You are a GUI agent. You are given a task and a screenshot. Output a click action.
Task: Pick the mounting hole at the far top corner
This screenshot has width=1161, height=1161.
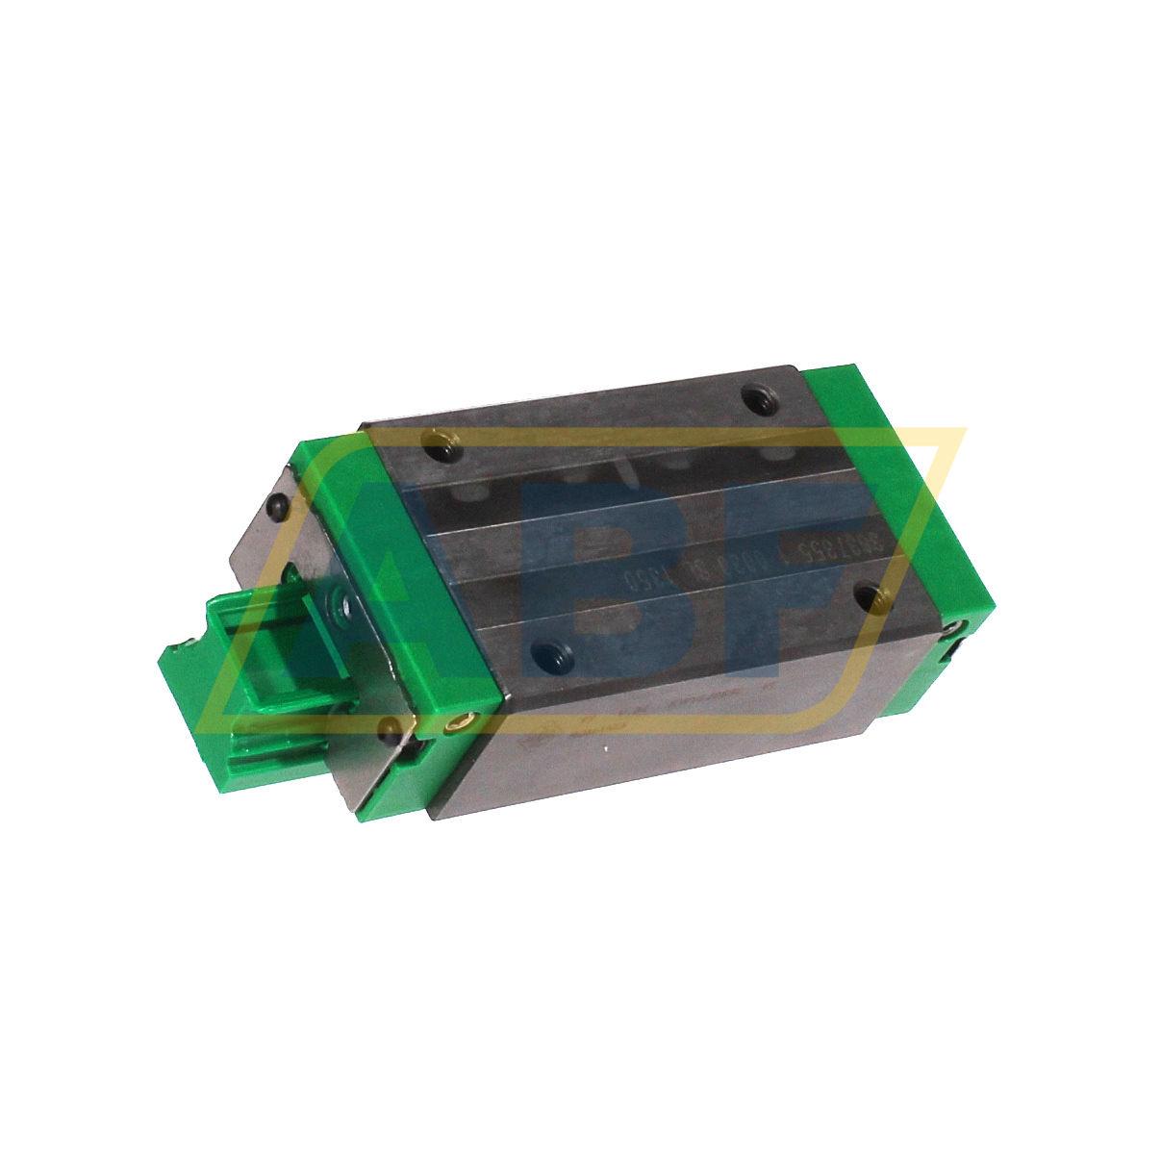(752, 393)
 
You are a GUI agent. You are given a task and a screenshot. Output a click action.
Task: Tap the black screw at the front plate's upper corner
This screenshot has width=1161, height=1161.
(278, 506)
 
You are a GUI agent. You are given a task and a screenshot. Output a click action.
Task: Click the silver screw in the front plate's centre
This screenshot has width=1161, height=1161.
(344, 606)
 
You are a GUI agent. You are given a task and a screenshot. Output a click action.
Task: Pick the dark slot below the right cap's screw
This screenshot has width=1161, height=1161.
(956, 654)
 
